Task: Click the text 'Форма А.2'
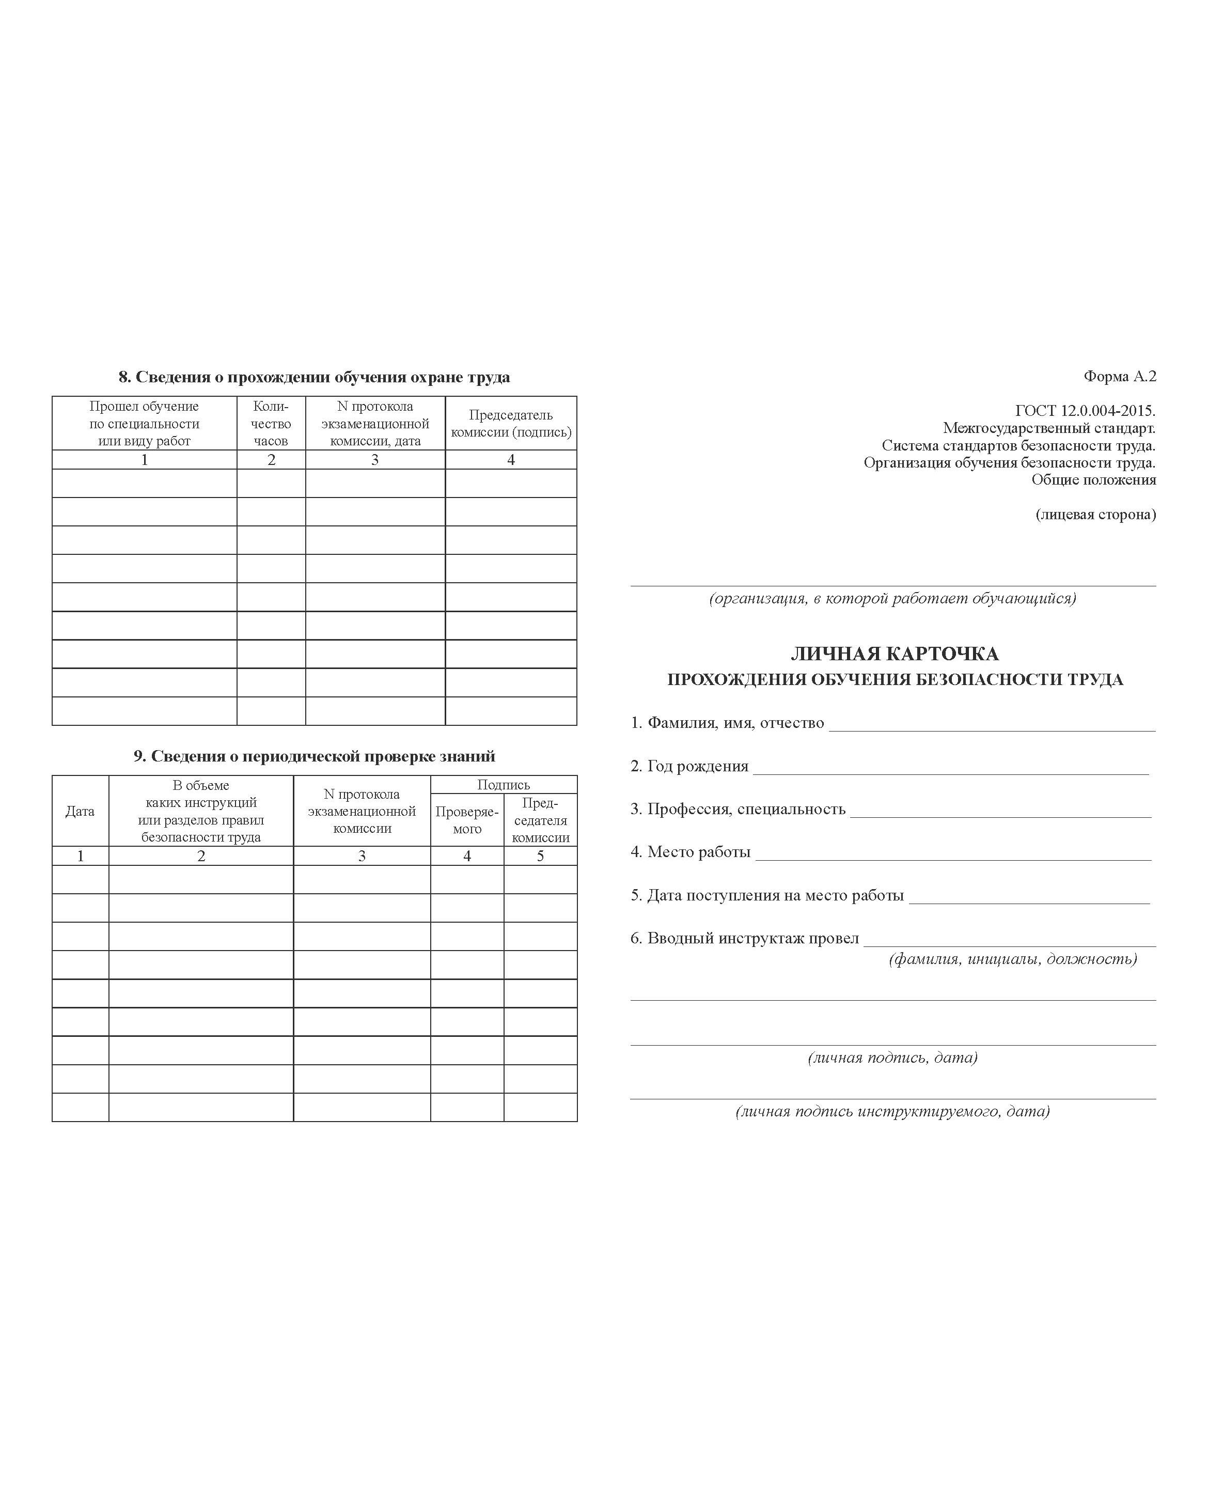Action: [1119, 377]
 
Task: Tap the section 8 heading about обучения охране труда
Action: [314, 377]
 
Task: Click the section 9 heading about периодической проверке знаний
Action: [314, 756]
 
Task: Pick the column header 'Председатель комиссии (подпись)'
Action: [511, 423]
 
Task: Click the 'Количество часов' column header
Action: [271, 423]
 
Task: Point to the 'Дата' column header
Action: [80, 811]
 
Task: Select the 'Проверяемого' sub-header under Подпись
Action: [467, 820]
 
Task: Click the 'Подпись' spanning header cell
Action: [503, 785]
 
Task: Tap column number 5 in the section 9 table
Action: [540, 856]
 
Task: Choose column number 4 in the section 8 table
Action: [511, 459]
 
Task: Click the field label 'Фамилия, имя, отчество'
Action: [728, 723]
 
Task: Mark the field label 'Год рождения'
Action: [689, 766]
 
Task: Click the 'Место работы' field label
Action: [691, 852]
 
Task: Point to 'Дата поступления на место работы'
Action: [767, 895]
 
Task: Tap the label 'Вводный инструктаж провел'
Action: [745, 938]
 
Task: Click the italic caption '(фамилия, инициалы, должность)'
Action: [1012, 959]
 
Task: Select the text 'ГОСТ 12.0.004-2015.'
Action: [1085, 411]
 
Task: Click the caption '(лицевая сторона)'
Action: [1095, 514]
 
